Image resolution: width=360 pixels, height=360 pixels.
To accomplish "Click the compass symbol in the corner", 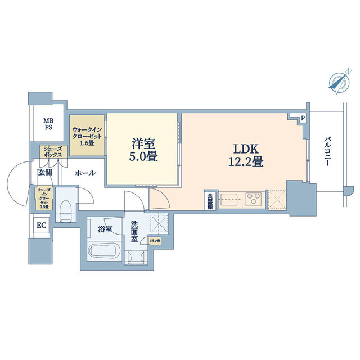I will [339, 82].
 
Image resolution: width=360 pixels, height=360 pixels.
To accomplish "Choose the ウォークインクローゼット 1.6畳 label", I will [87, 135].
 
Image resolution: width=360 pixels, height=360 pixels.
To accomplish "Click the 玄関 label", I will [45, 173].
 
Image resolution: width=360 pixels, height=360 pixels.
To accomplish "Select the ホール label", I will [85, 173].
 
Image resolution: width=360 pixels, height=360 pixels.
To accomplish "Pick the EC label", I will [41, 226].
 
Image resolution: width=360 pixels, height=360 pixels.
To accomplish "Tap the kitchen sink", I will [230, 200].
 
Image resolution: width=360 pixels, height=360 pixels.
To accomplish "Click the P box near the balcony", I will [303, 119].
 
